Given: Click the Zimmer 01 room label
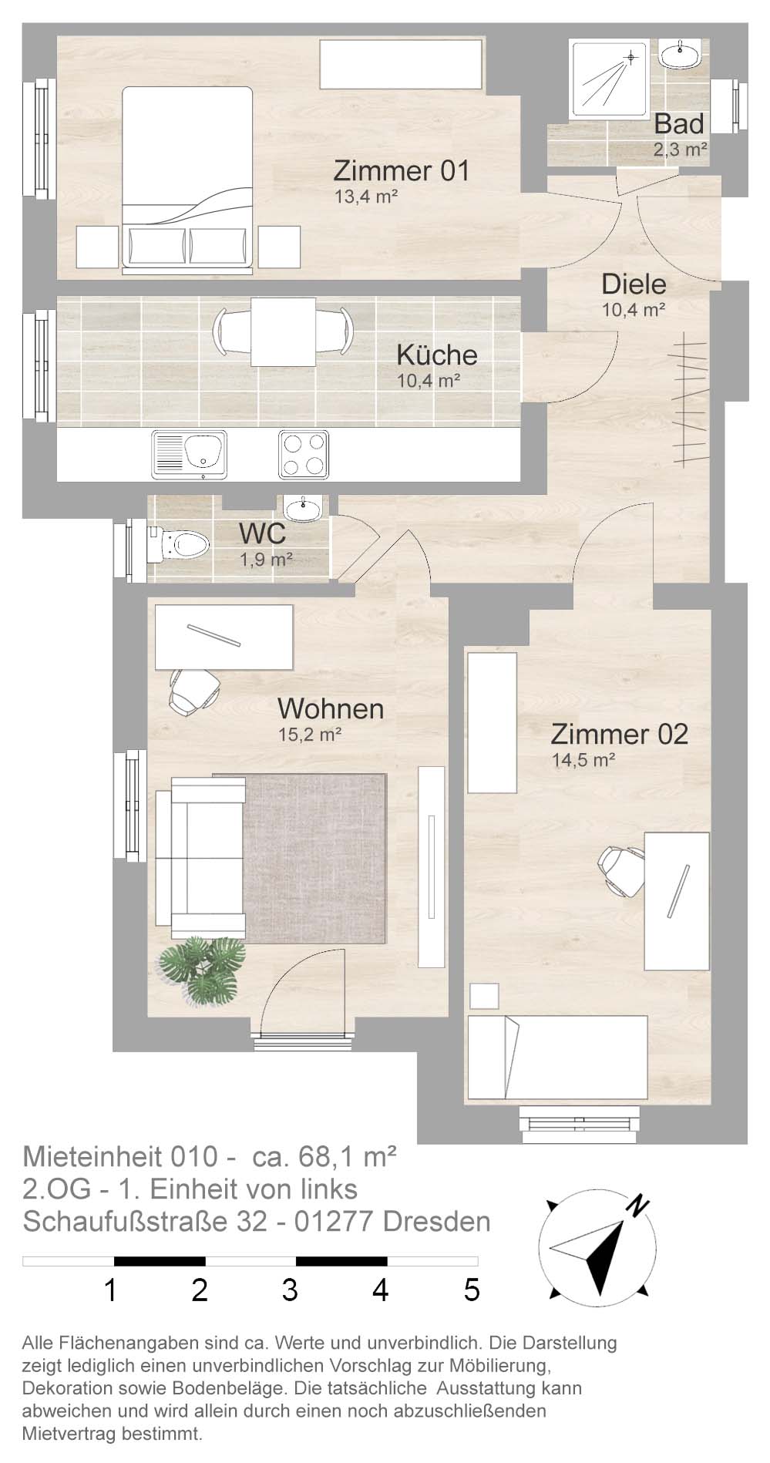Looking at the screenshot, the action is pyautogui.click(x=401, y=170).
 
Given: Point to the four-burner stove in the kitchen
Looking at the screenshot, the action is pyautogui.click(x=304, y=454).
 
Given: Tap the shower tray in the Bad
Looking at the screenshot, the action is pyautogui.click(x=608, y=79).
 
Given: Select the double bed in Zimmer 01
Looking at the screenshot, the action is pyautogui.click(x=187, y=180).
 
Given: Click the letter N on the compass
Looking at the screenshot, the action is pyautogui.click(x=635, y=1205).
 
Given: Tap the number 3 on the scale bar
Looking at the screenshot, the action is pyautogui.click(x=290, y=1290).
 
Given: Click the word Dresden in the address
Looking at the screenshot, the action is pyautogui.click(x=435, y=1222).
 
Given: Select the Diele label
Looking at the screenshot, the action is pyautogui.click(x=634, y=284).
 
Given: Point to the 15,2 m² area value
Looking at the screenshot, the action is pyautogui.click(x=310, y=735).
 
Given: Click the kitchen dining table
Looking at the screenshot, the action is pyautogui.click(x=283, y=331).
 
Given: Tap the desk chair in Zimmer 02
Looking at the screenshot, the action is pyautogui.click(x=621, y=870).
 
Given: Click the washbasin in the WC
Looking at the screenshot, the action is pyautogui.click(x=306, y=508).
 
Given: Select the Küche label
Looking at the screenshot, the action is pyautogui.click(x=437, y=355).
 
